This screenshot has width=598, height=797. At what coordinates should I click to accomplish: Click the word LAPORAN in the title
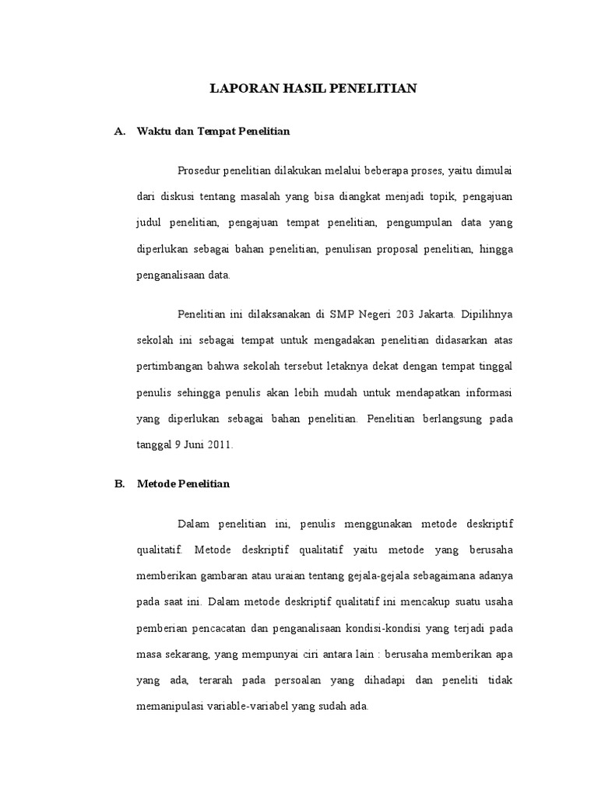click(237, 89)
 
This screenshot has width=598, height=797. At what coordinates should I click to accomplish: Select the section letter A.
click(119, 132)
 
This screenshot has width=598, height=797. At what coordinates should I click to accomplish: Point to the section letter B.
click(119, 483)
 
